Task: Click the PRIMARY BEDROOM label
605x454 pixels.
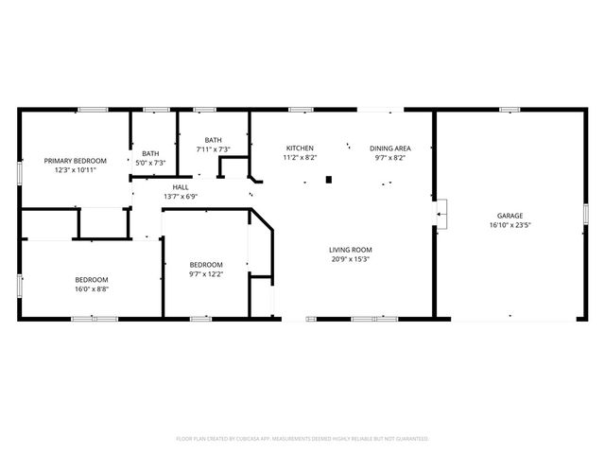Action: point(75,161)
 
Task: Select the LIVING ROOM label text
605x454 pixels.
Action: point(349,249)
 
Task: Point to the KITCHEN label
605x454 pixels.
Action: point(301,148)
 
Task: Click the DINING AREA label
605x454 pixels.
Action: point(389,148)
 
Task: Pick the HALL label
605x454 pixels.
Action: point(180,187)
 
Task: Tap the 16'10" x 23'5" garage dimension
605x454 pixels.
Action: point(510,225)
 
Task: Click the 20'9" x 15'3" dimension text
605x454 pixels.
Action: point(349,258)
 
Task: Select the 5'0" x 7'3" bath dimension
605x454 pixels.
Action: point(151,163)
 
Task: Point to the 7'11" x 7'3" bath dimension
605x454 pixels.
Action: point(214,149)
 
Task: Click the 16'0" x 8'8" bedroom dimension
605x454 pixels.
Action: point(92,289)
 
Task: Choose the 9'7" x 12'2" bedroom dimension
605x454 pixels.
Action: point(205,274)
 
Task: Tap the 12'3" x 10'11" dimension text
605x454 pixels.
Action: point(75,170)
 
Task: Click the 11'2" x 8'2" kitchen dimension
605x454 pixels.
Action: point(301,158)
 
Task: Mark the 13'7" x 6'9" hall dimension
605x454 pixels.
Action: point(180,197)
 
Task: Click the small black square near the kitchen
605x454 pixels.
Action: point(328,179)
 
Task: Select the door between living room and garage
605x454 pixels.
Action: point(440,215)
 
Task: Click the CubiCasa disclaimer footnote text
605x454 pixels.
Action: point(302,439)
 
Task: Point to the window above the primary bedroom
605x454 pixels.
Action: point(91,110)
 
